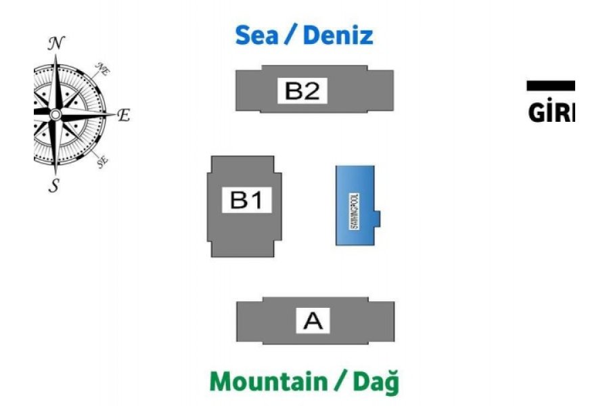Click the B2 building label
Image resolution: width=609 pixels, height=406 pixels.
pos(302,91)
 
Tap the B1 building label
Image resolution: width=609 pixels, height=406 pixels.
pos(246,200)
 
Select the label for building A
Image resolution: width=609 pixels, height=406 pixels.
pos(313,321)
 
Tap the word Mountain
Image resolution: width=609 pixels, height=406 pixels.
pos(268,381)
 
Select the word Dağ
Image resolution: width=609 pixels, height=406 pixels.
pos(375,382)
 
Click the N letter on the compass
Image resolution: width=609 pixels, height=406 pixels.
pos(57,44)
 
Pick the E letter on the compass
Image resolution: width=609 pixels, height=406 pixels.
pos(123,116)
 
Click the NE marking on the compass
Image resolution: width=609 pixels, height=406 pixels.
pos(103,68)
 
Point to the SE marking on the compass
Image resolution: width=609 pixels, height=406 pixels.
pos(103,161)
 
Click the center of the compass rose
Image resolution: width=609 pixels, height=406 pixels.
pos(55,115)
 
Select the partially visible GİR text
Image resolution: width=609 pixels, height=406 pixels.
pos(551,112)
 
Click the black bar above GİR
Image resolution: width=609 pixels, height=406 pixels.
pos(551,85)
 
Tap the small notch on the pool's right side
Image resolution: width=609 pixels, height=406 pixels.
pos(378,219)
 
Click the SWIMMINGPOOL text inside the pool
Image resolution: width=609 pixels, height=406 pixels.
pos(355,210)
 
